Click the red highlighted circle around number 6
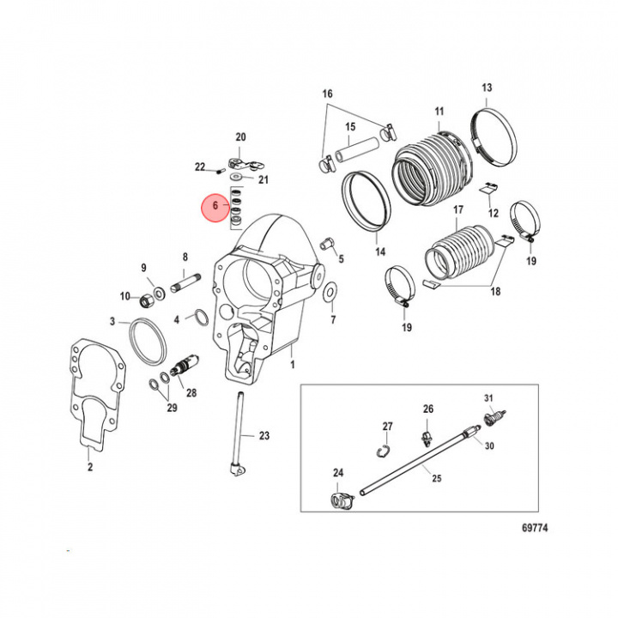click(216, 207)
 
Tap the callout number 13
click(486, 88)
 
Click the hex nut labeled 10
click(147, 298)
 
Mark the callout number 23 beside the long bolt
click(264, 436)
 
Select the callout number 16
click(327, 93)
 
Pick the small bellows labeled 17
click(458, 249)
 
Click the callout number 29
click(172, 408)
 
